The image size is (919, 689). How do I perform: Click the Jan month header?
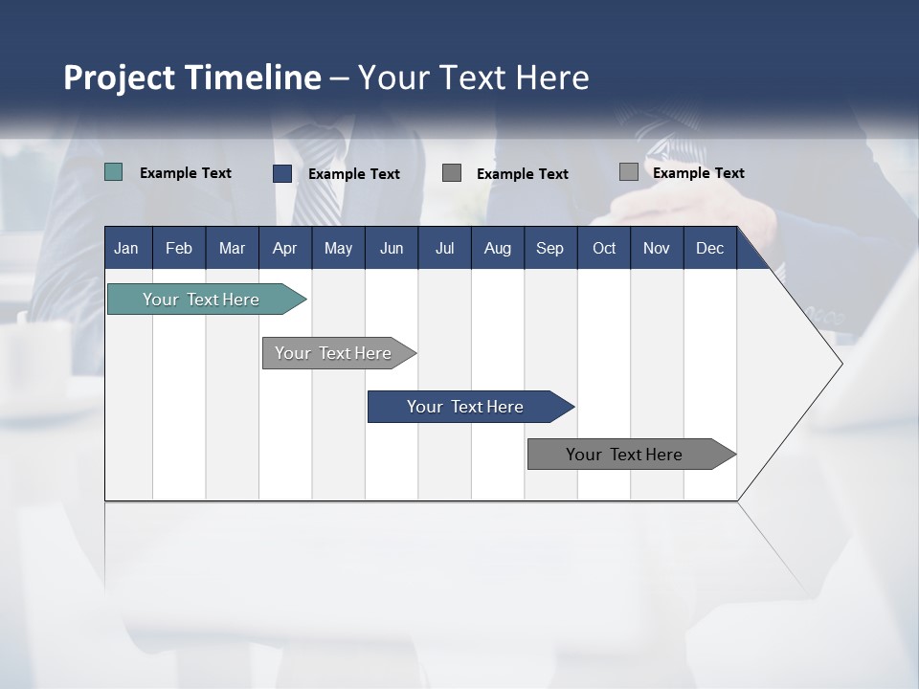[x=126, y=248]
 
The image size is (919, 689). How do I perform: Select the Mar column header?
[x=232, y=248]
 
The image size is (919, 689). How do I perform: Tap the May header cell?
[x=338, y=248]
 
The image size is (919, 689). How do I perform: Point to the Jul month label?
[x=444, y=248]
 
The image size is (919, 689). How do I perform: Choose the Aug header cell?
[x=497, y=248]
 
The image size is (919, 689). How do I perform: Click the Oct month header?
[x=604, y=248]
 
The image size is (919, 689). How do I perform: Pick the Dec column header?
[x=709, y=248]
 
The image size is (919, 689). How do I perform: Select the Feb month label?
[x=179, y=248]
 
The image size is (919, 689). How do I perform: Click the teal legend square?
[x=114, y=172]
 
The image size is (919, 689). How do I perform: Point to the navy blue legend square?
[x=282, y=173]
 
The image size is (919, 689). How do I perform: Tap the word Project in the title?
[x=120, y=78]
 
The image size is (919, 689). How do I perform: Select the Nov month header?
[x=657, y=248]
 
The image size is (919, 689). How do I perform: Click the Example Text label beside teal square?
[x=186, y=173]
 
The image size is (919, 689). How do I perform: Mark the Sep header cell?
[x=549, y=248]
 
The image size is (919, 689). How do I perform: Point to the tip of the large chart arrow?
[x=841, y=364]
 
